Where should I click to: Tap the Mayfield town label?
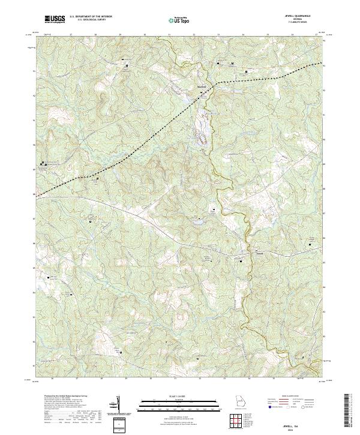[x=202, y=85]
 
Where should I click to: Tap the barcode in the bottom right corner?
[x=349, y=411]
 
